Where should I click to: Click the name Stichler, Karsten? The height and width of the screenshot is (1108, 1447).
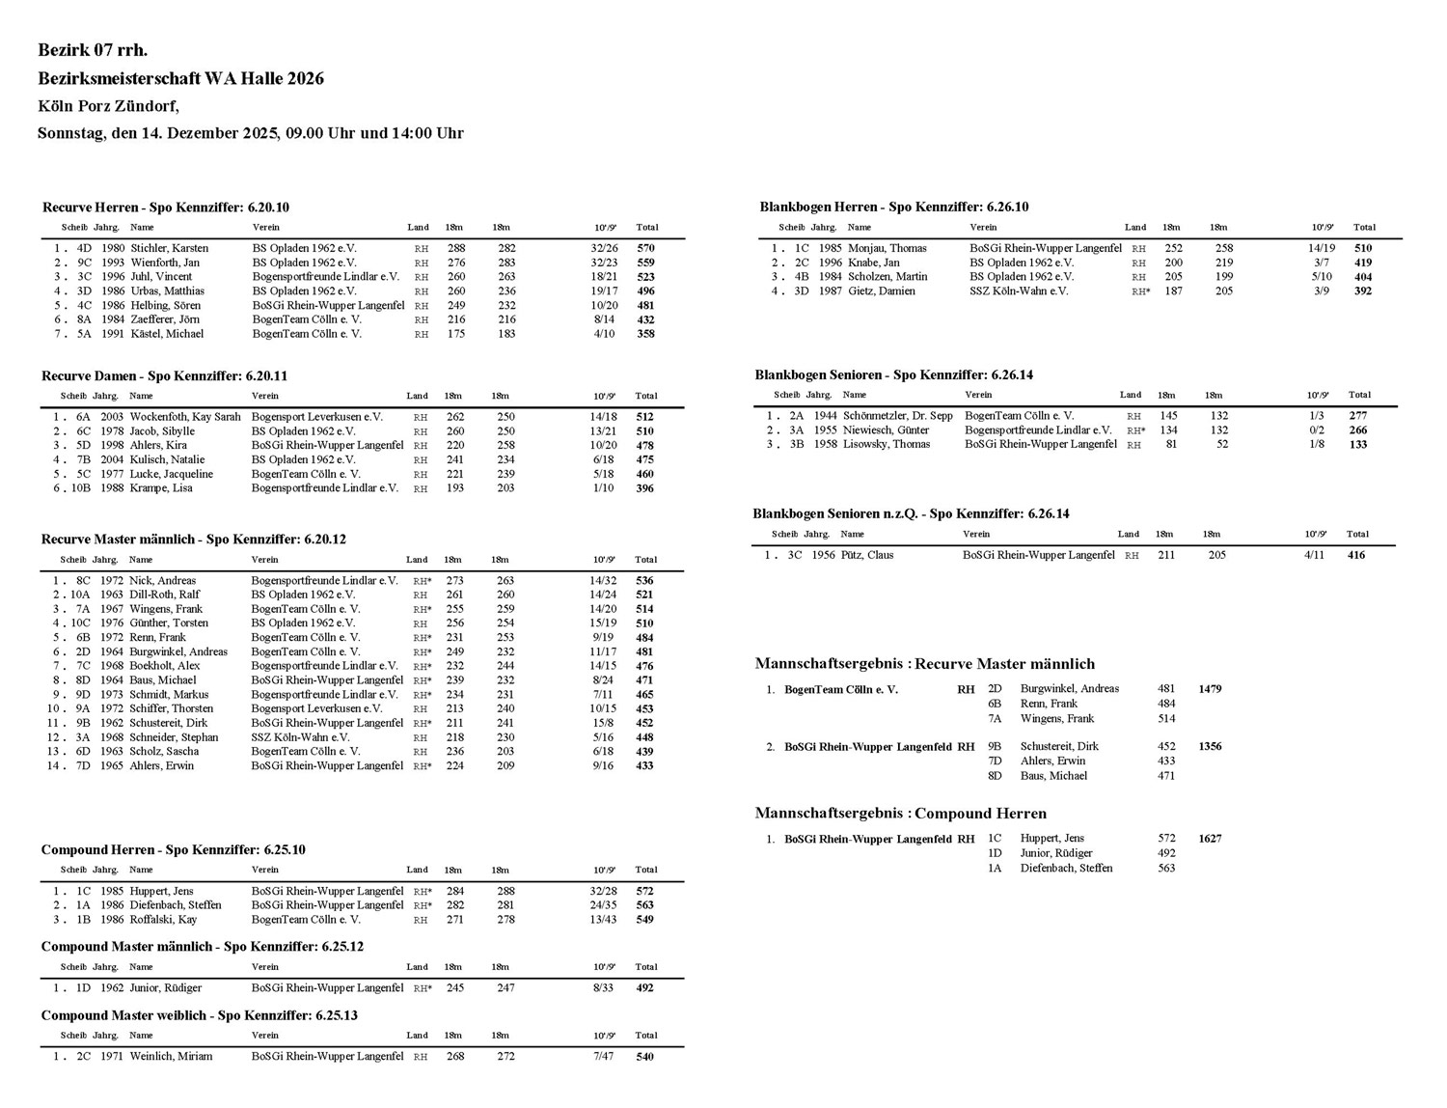coord(169,248)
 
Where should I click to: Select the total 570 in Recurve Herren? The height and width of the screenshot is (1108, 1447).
coord(645,248)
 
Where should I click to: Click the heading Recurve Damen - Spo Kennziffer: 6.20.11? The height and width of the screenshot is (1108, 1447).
coord(164,375)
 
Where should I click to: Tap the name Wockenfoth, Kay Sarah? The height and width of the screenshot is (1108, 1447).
coord(185,417)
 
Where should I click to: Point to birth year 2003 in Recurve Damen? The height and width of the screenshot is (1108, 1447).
coord(112,417)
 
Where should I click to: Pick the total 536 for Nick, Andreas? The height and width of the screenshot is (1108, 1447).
coord(644,581)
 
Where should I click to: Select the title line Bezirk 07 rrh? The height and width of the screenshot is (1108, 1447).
coord(93,50)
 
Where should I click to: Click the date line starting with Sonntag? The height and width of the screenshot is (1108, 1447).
coord(250,133)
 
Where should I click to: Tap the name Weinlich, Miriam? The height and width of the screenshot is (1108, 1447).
coord(171,1056)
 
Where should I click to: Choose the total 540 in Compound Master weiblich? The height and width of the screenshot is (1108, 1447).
coord(644,1057)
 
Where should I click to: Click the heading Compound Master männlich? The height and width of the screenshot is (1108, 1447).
coord(202,947)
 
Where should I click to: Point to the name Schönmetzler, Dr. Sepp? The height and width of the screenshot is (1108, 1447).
coord(897,416)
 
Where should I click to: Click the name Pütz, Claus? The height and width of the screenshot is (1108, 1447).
coord(866,555)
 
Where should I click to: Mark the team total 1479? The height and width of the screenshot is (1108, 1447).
coord(1210,689)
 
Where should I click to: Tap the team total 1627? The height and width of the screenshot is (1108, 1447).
coord(1210,839)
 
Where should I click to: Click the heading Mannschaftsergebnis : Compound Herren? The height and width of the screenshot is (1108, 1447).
coord(900,814)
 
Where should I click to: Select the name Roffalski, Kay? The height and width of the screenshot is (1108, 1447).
coord(163,920)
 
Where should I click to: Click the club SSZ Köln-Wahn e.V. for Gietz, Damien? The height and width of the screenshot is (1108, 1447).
coord(1019,291)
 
